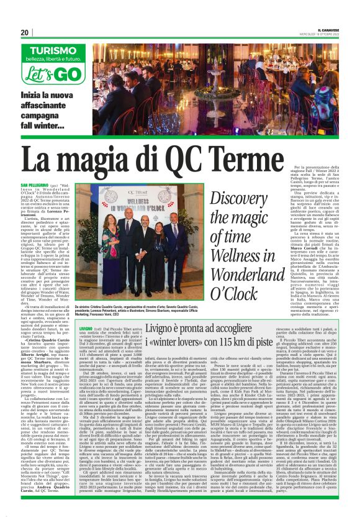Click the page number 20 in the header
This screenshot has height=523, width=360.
coord(24,32)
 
